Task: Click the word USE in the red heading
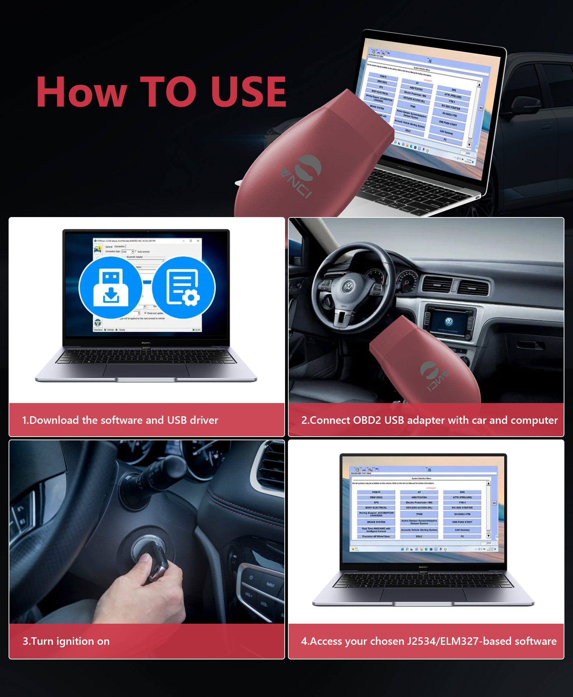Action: coord(248,92)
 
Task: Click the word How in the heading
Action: coord(81,92)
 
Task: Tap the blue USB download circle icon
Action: coord(111,288)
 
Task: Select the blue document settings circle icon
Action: coord(184,288)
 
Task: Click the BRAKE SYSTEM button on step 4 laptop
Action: coord(376,522)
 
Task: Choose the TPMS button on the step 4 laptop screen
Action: coord(419,514)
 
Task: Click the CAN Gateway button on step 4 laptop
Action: coord(462,530)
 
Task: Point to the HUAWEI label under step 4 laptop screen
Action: coord(423,567)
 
